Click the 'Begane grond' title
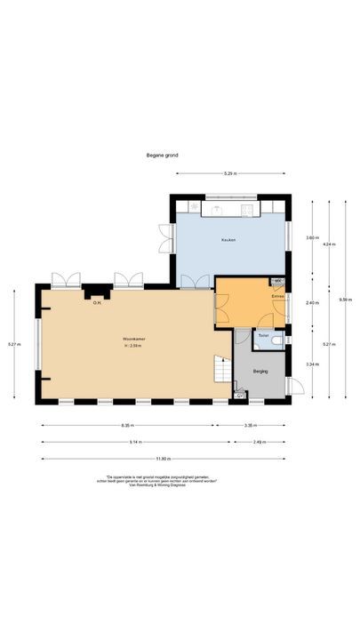[x=163, y=155]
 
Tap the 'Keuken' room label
[x=228, y=240]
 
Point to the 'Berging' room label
[x=260, y=371]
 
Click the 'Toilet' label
[x=263, y=336]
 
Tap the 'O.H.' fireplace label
[x=97, y=303]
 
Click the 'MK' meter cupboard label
[x=277, y=282]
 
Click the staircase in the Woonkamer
[x=219, y=368]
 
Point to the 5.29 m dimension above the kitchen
[x=230, y=172]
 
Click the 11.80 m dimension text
[x=162, y=459]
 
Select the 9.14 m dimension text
[x=132, y=442]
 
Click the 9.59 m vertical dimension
[x=344, y=300]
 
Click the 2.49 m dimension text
[x=259, y=442]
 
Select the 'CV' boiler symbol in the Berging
[x=238, y=395]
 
